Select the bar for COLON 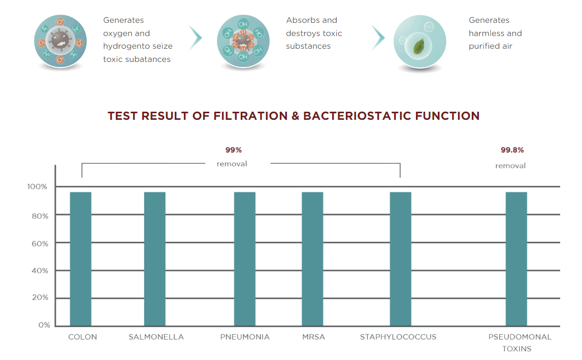coord(81,259)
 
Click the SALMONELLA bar coord(155,259)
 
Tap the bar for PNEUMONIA coord(245,259)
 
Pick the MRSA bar coord(312,259)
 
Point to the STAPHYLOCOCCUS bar coord(401,259)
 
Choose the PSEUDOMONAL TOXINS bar coord(516,259)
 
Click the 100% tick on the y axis coord(37,187)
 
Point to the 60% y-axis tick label coord(40,244)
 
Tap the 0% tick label coord(44,325)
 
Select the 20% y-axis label coord(40,297)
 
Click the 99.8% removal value coord(512,150)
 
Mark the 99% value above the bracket coord(234,150)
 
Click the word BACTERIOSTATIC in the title coord(357,116)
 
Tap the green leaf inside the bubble coord(419,47)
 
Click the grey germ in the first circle coord(60,40)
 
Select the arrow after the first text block coord(195,38)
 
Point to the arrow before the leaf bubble coord(378,38)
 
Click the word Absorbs coord(299,20)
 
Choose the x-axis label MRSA coord(314,337)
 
